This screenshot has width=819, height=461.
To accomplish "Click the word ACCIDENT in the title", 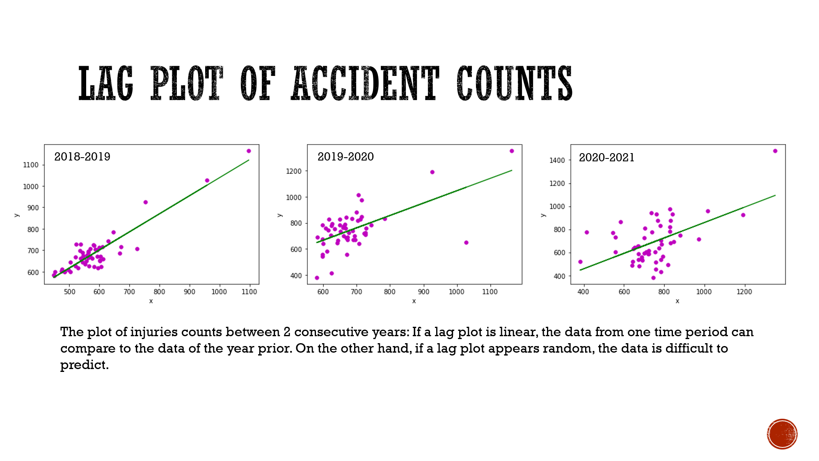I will (365, 83).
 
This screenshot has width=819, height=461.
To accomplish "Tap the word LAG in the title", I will (106, 83).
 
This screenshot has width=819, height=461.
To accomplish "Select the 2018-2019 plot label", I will (82, 157).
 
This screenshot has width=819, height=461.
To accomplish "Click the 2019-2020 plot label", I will (345, 157).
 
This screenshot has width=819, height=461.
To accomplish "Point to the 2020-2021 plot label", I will (606, 158).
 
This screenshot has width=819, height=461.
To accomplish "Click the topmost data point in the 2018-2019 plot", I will (249, 151).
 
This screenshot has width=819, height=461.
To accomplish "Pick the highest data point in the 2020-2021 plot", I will (775, 151).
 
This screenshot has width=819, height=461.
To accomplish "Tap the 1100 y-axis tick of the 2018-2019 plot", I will (31, 165).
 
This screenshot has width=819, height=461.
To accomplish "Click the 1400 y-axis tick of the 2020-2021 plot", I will (557, 161).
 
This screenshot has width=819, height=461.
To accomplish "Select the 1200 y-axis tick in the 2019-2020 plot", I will (294, 171).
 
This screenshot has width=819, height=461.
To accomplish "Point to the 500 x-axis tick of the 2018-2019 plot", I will (69, 292).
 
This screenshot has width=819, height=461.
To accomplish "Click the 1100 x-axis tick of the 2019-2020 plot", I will (490, 292).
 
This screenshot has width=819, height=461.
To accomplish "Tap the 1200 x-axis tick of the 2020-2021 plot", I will (744, 292).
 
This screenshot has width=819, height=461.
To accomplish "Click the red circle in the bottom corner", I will (782, 434).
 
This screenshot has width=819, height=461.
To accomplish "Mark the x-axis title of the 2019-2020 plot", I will (414, 301).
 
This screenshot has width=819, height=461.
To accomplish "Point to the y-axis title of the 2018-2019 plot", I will (16, 215).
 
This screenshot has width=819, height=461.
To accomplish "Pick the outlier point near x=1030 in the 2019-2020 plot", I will (466, 243).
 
